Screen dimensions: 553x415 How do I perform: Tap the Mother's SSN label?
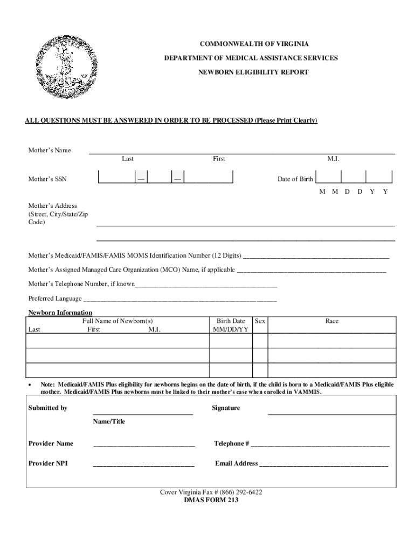[x=47, y=179]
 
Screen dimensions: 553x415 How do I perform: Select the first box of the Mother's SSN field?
[x=116, y=178]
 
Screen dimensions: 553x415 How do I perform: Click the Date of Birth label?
[x=295, y=179]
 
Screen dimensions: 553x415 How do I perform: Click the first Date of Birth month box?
[x=329, y=178]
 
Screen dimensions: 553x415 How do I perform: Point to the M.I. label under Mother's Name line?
[x=333, y=159]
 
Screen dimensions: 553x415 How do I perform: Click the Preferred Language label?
[x=55, y=299]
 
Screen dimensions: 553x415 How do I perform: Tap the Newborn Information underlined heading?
[x=60, y=313]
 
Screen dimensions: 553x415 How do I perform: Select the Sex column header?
[x=260, y=321]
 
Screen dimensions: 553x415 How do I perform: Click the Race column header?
[x=332, y=321]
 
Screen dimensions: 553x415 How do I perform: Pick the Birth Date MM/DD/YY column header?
[x=231, y=325]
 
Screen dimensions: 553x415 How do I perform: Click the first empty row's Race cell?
[x=332, y=341]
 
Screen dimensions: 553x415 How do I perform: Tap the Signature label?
[x=225, y=408]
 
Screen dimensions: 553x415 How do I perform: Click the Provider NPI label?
[x=48, y=463]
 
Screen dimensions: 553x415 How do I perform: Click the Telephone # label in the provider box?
[x=231, y=443]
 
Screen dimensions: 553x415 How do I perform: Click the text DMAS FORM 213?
[x=211, y=500]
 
